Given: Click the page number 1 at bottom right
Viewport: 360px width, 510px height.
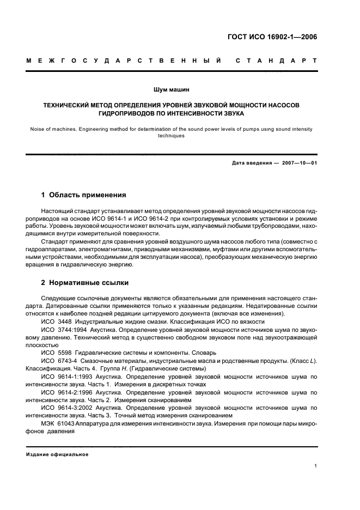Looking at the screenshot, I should [x=316, y=465].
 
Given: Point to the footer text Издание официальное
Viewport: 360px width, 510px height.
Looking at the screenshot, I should [x=57, y=454].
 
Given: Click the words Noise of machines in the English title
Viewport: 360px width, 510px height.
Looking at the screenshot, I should [x=53, y=129].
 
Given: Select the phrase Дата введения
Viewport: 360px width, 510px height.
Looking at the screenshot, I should [x=250, y=163].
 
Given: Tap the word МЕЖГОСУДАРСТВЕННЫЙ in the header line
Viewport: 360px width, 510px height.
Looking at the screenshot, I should [x=123, y=60].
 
